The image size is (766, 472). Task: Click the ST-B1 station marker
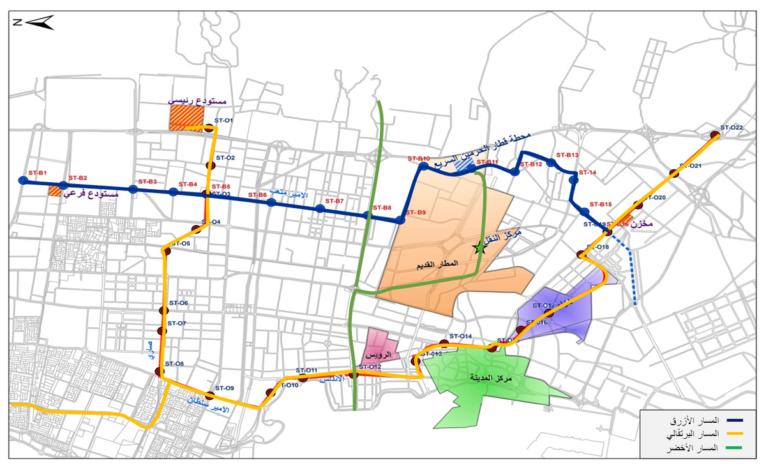(x=23, y=181)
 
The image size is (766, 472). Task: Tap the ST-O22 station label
(x=732, y=128)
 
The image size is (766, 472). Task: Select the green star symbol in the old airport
(x=479, y=248)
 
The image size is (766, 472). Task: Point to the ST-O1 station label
(x=224, y=120)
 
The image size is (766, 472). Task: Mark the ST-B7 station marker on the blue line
(x=319, y=209)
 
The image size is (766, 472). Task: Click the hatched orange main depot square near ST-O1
(x=186, y=118)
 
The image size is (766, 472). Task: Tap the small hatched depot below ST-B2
(x=55, y=190)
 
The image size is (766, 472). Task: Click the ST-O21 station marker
(x=674, y=172)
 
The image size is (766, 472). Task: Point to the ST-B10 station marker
(x=423, y=167)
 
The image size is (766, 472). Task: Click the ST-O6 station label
(x=178, y=303)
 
